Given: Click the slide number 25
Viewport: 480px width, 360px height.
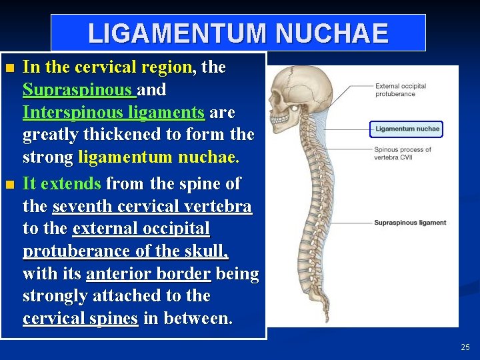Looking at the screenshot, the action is [465, 347].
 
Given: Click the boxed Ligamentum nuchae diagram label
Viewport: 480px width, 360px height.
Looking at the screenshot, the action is [407, 129].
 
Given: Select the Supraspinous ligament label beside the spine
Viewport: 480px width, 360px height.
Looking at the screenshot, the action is [410, 223].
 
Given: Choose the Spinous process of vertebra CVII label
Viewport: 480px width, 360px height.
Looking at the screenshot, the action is [403, 153].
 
